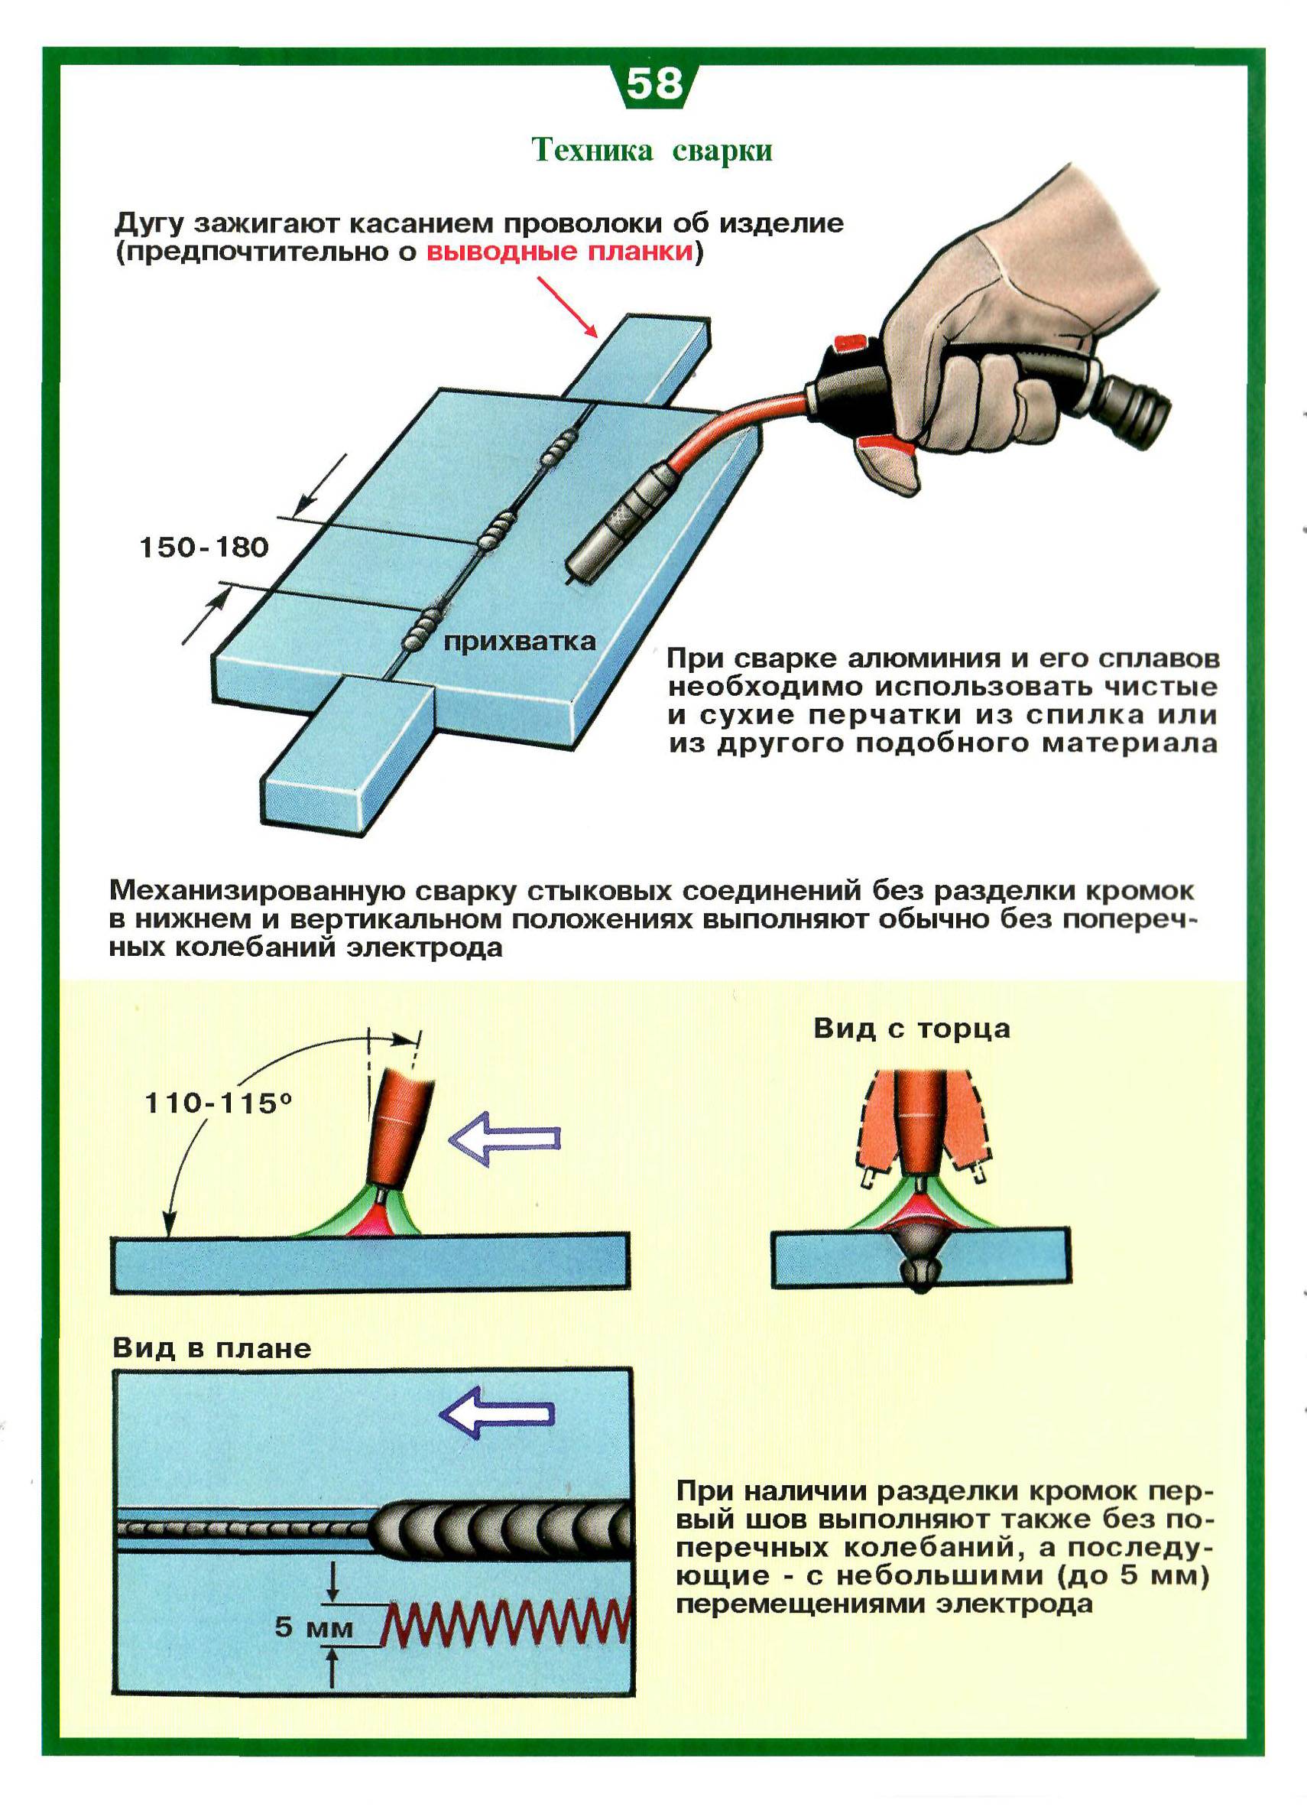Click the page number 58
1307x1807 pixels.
click(x=655, y=83)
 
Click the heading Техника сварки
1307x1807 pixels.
click(x=652, y=150)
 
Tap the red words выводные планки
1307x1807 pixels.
click(x=560, y=252)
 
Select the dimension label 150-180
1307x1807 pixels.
click(x=204, y=548)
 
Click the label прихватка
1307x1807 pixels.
click(x=519, y=642)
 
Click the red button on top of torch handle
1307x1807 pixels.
click(x=848, y=343)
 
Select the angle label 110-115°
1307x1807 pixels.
click(x=219, y=1103)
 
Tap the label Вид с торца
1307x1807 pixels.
click(x=912, y=1029)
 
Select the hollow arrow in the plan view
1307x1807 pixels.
click(x=497, y=1412)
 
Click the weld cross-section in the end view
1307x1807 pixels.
click(x=922, y=1259)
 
